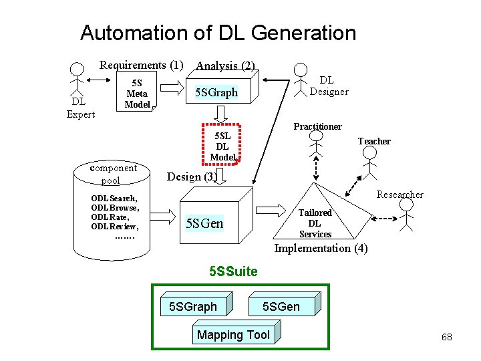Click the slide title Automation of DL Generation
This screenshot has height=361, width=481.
point(218,33)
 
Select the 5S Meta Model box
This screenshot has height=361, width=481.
point(137,94)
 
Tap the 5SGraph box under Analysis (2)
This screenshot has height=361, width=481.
point(215,92)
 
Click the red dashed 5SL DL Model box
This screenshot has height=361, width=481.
point(222,145)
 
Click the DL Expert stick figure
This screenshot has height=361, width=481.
point(78,83)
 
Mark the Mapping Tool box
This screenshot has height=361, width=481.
point(233,335)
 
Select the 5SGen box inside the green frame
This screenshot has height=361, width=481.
point(281,306)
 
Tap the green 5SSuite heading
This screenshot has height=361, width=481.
point(232,271)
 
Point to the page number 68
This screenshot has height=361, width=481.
point(446,337)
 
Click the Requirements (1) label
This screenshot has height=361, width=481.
point(141,65)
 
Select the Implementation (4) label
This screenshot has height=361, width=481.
point(321,249)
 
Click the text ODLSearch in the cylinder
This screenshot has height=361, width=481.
point(114,199)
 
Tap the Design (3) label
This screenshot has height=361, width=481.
point(191,176)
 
